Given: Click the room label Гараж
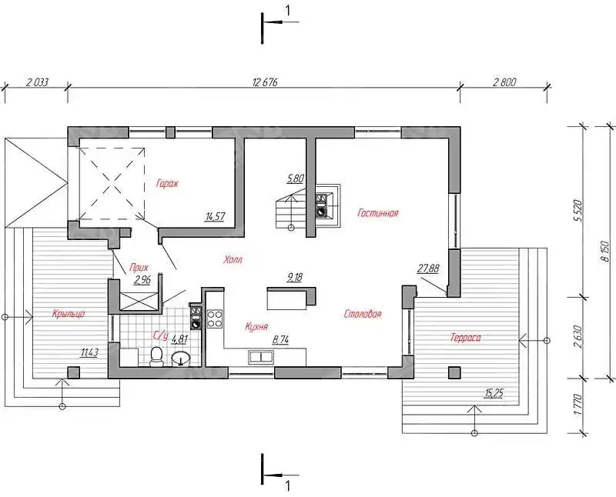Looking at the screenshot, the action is tap(167, 183).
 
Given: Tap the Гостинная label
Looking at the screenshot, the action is tap(378, 213).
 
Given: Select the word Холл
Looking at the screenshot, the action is tap(233, 259).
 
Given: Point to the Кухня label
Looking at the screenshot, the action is tap(256, 326).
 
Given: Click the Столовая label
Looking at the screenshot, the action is tap(363, 314).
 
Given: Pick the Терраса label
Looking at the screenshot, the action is tap(466, 338).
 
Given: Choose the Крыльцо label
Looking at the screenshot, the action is tap(69, 313).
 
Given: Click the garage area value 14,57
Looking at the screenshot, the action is tap(216, 216).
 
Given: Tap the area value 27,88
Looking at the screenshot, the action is tap(428, 269).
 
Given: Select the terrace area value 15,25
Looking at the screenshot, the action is tap(494, 392).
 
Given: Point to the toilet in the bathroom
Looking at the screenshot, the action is tap(157, 356).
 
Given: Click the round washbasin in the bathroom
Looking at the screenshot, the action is tap(181, 359).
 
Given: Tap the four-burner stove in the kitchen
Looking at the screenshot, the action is tap(215, 319).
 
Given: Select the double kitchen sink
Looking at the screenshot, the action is tap(261, 357).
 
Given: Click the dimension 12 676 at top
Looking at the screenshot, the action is tap(265, 82).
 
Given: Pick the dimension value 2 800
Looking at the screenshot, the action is tap(504, 82).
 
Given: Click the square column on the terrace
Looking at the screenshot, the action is tap(455, 372).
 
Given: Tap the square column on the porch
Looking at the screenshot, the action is tap(73, 372).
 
